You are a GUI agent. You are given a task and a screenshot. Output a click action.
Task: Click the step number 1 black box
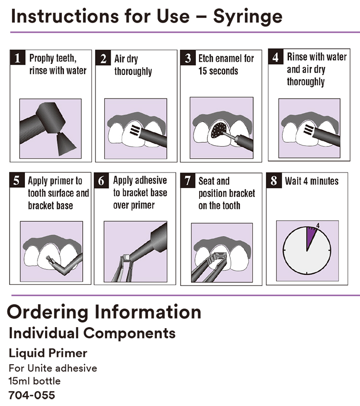[18, 59]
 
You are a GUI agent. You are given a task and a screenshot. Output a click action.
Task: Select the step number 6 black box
[102, 182]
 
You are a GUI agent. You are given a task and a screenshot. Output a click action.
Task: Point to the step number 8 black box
[274, 181]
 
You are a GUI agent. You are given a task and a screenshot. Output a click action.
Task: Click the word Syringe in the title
[248, 16]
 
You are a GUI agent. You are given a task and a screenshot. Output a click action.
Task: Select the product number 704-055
[32, 395]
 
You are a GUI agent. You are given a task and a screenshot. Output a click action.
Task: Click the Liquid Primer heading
[48, 353]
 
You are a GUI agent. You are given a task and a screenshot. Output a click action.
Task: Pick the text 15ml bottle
[35, 381]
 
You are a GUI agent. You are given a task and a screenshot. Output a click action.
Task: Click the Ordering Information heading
[104, 312]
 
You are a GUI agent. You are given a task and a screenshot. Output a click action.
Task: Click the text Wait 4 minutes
[312, 181]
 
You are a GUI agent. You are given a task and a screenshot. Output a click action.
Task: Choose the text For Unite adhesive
[53, 368]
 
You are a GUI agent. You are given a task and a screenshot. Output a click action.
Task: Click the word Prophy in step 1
[42, 59]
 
